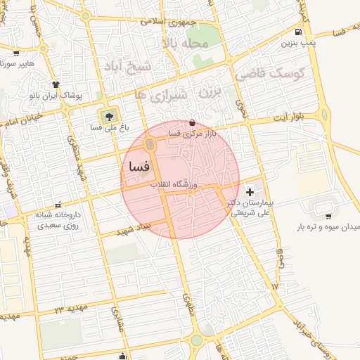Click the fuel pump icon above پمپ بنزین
pyautogui.click(x=300, y=32)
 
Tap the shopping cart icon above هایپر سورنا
pyautogui.click(x=16, y=53)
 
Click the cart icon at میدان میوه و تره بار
pyautogui.click(x=328, y=216)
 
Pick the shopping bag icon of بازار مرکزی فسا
pyautogui.click(x=193, y=122)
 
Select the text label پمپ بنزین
pyautogui.click(x=296, y=44)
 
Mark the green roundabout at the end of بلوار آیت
pyautogui.click(x=326, y=112)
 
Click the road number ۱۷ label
pyautogui.click(x=274, y=287)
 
